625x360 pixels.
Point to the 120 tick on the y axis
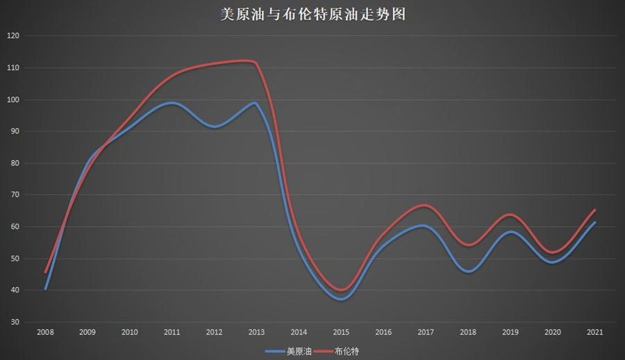click(x=13, y=36)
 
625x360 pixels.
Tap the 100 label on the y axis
click(x=13, y=99)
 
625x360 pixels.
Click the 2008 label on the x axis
click(x=45, y=333)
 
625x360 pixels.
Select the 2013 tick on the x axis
click(x=256, y=333)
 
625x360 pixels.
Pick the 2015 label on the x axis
click(x=341, y=333)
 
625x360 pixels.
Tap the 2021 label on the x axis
click(x=595, y=333)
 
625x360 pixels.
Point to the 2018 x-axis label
click(x=468, y=333)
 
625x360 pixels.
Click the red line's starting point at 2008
click(x=45, y=272)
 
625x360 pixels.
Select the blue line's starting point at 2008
click(x=45, y=288)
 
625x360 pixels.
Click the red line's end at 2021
click(x=595, y=210)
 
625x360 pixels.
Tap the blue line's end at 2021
click(x=595, y=222)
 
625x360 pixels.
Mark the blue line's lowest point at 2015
click(x=341, y=299)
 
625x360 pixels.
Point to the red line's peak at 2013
click(x=254, y=62)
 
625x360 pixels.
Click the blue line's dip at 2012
click(x=215, y=126)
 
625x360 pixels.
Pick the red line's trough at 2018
click(x=468, y=245)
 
